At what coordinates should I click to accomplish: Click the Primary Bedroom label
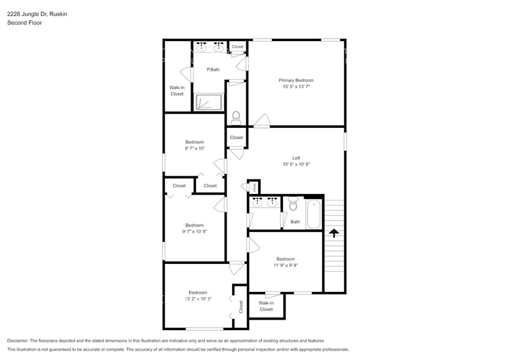point(296,80)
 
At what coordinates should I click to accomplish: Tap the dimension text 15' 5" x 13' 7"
point(296,87)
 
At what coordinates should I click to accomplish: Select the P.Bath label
point(213,69)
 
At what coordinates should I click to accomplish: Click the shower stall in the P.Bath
point(208,102)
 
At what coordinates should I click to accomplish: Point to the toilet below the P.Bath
point(236,115)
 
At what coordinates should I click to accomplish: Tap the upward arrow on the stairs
point(333,233)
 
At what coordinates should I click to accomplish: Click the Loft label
point(296,157)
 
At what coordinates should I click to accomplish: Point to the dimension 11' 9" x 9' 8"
point(285,266)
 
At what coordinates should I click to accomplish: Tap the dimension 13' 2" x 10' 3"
point(198,299)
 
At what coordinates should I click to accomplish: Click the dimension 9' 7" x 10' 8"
point(194,231)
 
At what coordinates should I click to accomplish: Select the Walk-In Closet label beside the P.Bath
point(176,91)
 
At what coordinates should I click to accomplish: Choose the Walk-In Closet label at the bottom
point(266,306)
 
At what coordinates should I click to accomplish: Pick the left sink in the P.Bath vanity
point(203,47)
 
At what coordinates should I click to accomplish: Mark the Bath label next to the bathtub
point(295,222)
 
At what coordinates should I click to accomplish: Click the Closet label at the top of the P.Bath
point(237,47)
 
